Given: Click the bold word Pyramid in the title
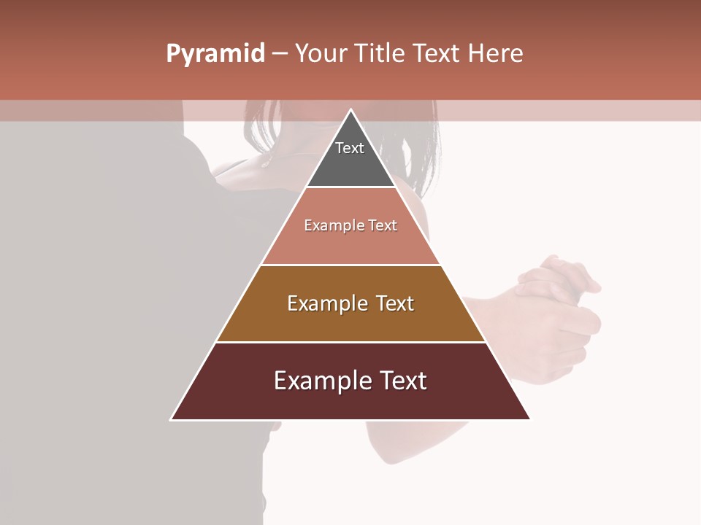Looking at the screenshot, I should (x=215, y=54).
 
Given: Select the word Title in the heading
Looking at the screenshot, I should (x=382, y=54).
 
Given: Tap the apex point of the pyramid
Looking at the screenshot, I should (x=350, y=110).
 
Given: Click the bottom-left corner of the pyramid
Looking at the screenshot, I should (x=172, y=419).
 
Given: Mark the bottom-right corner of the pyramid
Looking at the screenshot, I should (x=529, y=419).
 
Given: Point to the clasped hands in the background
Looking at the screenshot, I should (x=559, y=292).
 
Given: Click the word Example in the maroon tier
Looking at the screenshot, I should (x=321, y=381).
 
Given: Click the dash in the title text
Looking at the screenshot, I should (x=280, y=54).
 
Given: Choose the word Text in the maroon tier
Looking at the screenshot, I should (x=402, y=381).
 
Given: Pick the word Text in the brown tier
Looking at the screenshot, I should (x=395, y=303).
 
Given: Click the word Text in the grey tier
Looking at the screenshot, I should (x=350, y=148).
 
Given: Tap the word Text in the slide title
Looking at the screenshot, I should (x=437, y=54).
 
